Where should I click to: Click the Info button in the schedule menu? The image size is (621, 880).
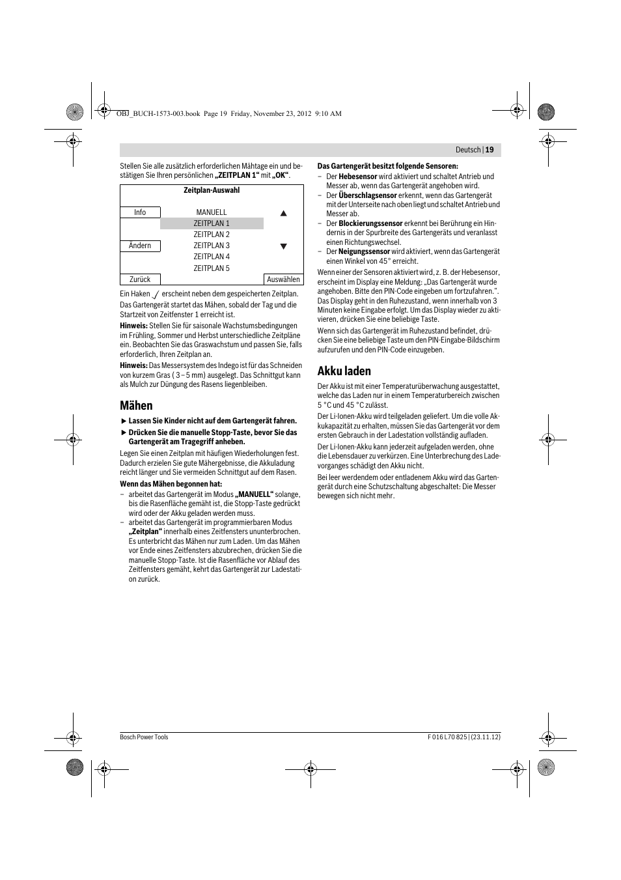(x=140, y=212)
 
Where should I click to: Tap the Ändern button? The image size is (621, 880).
(x=140, y=246)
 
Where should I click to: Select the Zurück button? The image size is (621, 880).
(x=140, y=279)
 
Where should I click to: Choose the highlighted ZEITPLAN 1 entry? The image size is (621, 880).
(x=212, y=223)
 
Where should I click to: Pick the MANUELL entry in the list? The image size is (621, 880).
(x=212, y=212)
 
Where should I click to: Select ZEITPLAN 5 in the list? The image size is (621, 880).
(x=212, y=268)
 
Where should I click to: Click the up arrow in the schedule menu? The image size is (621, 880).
(x=283, y=213)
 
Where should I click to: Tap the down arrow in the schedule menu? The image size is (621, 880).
(x=283, y=246)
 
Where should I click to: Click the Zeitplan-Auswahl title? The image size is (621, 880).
(x=212, y=190)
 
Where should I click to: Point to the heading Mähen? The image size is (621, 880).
(x=136, y=405)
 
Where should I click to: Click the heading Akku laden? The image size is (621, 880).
(x=344, y=371)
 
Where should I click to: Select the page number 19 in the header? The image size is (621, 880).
(x=490, y=150)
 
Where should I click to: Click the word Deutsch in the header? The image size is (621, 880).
(x=468, y=150)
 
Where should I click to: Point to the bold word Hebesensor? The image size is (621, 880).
(x=358, y=177)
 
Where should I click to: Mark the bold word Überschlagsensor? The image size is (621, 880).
(x=368, y=195)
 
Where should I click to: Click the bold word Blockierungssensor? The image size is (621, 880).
(x=370, y=223)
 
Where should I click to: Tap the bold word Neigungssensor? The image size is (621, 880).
(x=364, y=251)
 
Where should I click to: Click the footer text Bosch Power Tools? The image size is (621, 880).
(x=144, y=737)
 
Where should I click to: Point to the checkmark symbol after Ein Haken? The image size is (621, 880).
(x=156, y=294)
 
